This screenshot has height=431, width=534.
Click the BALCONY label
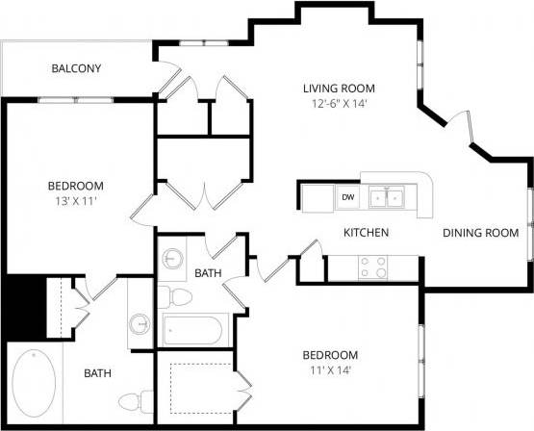76,68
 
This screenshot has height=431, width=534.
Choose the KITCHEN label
366,233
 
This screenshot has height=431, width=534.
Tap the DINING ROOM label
480,233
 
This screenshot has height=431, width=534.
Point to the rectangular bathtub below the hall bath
192,332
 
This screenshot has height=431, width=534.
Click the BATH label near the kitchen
209,274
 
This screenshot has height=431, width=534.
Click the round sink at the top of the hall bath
173,260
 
